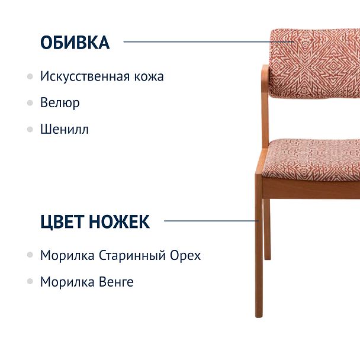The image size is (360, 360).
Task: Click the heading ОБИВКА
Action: (x=75, y=43)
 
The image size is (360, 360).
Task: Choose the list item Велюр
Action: (x=60, y=102)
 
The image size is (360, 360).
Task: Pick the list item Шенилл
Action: (x=65, y=129)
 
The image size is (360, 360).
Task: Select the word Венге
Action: (x=115, y=282)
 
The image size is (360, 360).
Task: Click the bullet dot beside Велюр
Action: (x=30, y=103)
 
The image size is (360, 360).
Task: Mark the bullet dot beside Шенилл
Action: (x=30, y=129)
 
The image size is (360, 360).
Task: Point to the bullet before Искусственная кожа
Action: (x=30, y=77)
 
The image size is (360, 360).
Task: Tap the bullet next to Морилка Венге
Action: (x=30, y=282)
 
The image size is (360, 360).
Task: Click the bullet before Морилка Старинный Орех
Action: (x=30, y=256)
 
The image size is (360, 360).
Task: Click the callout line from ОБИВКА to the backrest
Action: (x=207, y=42)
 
